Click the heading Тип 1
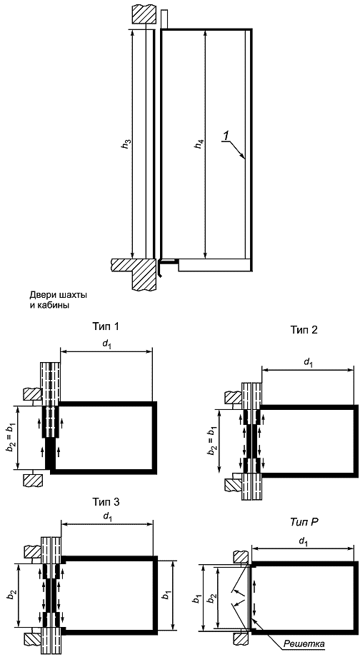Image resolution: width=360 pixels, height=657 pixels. coord(105,326)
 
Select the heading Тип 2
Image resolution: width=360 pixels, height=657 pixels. coord(304,330)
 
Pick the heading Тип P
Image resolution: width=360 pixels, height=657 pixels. coord(303,522)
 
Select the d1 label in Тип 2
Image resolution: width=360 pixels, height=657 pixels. coord(308,363)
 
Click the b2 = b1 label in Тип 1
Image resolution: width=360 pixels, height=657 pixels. coord(11,438)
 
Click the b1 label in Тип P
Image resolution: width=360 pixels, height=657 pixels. coord(196,596)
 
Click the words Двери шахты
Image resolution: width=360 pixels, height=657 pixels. coord(59,296)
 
